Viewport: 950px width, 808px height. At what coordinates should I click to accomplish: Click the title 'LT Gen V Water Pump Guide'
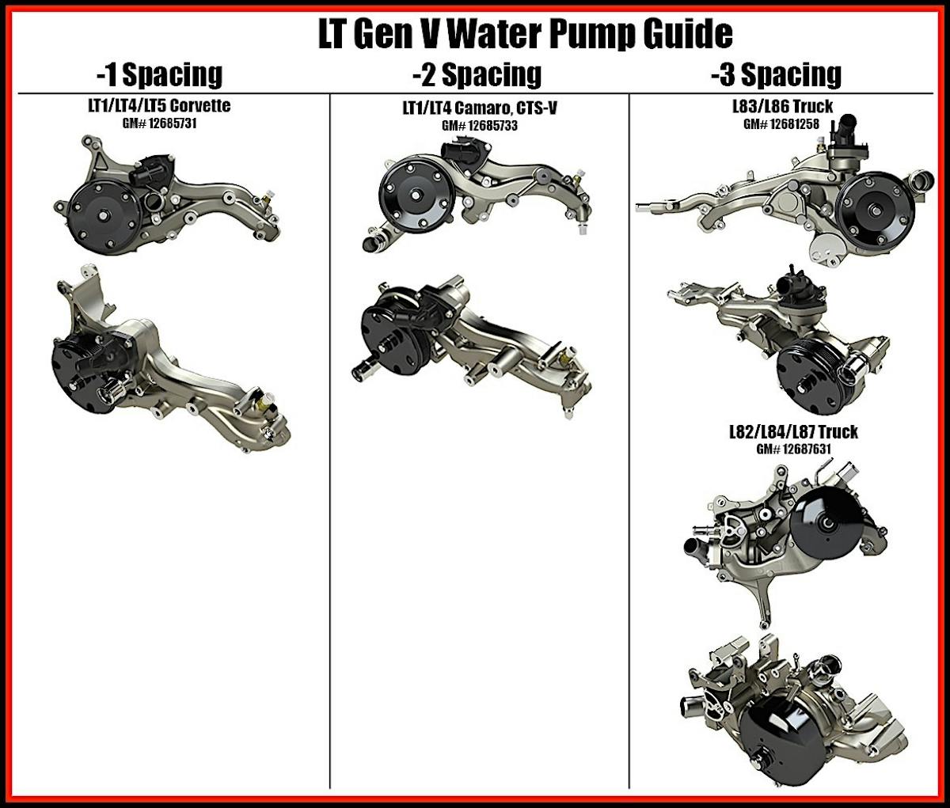(526, 34)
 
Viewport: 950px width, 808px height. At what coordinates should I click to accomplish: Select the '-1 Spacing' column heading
(159, 74)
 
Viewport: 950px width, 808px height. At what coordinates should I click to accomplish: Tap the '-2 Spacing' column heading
(477, 74)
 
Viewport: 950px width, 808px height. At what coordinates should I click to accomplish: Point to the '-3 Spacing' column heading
(776, 74)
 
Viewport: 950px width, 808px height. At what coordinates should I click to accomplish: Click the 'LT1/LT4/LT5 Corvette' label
(159, 106)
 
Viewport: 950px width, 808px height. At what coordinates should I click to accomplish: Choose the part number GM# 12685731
(159, 124)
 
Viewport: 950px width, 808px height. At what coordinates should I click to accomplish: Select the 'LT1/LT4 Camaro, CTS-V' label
(480, 108)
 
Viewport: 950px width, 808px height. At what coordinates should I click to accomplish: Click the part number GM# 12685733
(480, 126)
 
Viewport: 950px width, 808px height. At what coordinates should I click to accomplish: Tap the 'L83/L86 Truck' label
(782, 107)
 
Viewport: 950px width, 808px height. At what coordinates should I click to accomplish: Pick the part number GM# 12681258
(781, 124)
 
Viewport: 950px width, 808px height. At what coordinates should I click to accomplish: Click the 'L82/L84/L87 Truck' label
(794, 432)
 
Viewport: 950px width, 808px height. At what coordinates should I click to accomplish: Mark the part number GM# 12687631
(794, 449)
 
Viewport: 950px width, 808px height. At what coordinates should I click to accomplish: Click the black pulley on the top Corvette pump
(104, 216)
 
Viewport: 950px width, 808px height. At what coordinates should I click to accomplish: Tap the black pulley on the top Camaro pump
(417, 195)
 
